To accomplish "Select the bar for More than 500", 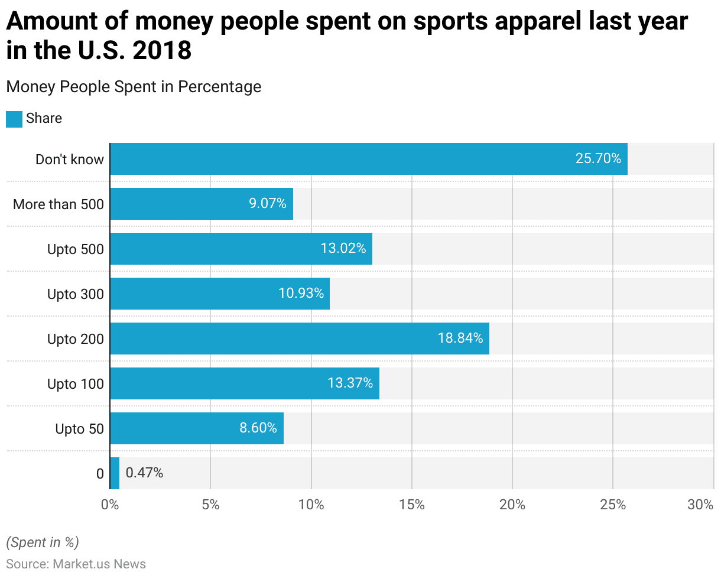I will pyautogui.click(x=201, y=204).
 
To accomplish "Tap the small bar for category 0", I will pyautogui.click(x=115, y=473).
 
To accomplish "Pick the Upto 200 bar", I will pyautogui.click(x=299, y=339).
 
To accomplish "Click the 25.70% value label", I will pyautogui.click(x=598, y=159).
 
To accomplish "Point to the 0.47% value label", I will pyautogui.click(x=144, y=473).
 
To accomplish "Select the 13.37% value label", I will pyautogui.click(x=350, y=383).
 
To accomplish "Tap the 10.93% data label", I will pyautogui.click(x=301, y=294).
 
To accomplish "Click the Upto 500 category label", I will pyautogui.click(x=75, y=249).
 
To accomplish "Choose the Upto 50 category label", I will pyautogui.click(x=79, y=429).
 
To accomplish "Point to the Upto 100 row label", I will pyautogui.click(x=75, y=384).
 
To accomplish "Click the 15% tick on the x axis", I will pyautogui.click(x=411, y=505).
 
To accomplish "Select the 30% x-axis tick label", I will pyautogui.click(x=701, y=505).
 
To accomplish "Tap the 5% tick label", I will pyautogui.click(x=210, y=505).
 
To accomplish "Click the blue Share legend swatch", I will pyautogui.click(x=14, y=119).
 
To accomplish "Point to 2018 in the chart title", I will pyautogui.click(x=162, y=51).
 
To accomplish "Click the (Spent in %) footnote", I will pyautogui.click(x=42, y=542).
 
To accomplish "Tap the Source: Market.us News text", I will pyautogui.click(x=76, y=564).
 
